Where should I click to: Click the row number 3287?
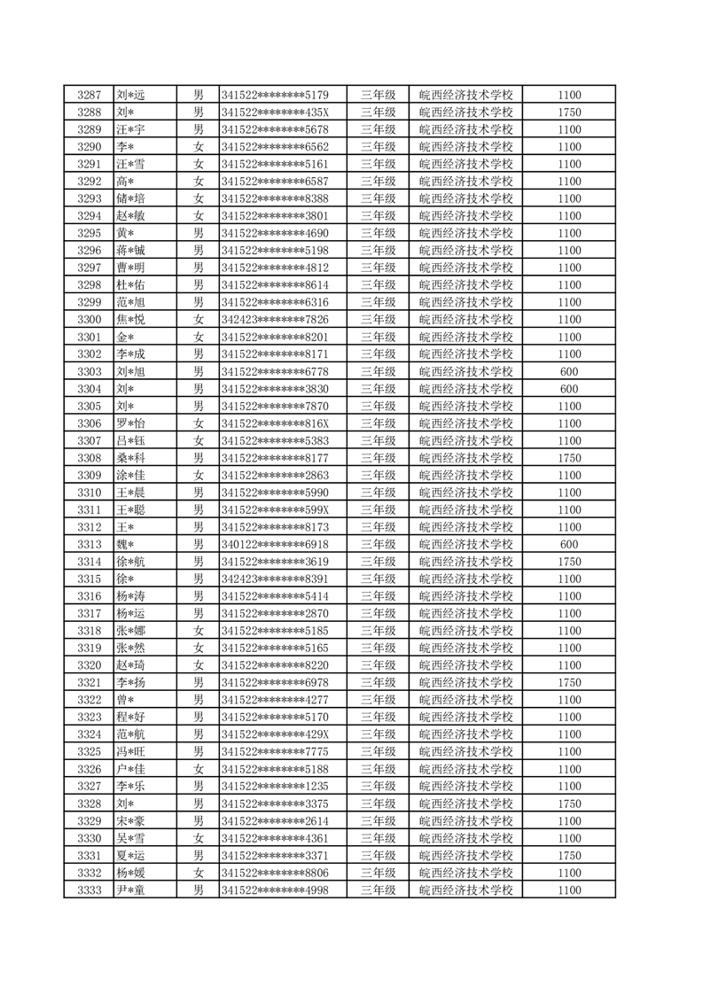tap(89, 95)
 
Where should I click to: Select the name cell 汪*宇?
tap(130, 129)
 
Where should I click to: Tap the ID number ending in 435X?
tap(275, 113)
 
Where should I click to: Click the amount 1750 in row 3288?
tap(570, 113)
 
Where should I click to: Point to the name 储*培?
tap(130, 198)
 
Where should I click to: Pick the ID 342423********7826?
tap(275, 320)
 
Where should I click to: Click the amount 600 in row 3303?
tap(570, 372)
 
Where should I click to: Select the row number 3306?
tap(89, 423)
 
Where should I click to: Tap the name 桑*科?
tap(130, 458)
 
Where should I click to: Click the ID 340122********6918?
tap(275, 545)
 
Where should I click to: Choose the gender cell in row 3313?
tap(199, 545)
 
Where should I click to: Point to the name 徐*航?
tap(130, 562)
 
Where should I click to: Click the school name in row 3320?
tap(465, 665)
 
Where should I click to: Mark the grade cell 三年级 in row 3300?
tap(378, 320)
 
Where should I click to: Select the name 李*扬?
tap(130, 683)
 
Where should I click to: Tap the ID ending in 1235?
tap(275, 787)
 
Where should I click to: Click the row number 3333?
tap(89, 890)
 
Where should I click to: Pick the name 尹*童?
tap(130, 890)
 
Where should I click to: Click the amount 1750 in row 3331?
tap(570, 856)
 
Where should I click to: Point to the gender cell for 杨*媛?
tap(199, 873)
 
